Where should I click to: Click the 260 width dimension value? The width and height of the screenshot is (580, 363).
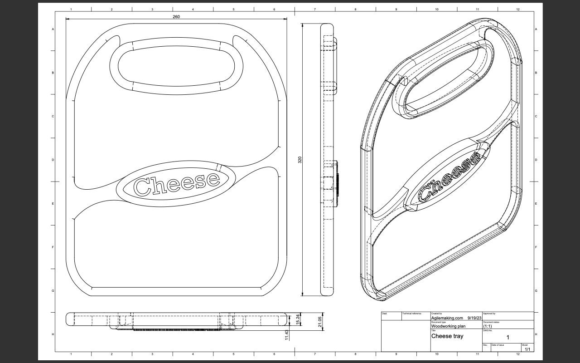point(176,17)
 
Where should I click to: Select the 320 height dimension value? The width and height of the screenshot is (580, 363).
point(300,160)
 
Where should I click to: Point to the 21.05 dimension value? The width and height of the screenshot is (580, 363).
point(319,322)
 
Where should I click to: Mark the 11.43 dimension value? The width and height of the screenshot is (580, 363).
point(287,335)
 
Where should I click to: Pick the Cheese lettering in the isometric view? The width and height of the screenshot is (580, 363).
point(449,177)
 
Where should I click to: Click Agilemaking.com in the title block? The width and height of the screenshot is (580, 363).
point(447,318)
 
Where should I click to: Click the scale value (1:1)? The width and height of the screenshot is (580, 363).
point(488,326)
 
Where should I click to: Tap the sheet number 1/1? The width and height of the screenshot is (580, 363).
point(527,349)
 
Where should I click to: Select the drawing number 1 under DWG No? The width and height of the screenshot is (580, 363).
point(507,338)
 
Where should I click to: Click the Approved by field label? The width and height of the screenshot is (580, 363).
point(489,314)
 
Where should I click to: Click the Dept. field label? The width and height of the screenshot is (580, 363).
point(384,314)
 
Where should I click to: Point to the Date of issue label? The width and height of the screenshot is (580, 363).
point(498,345)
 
